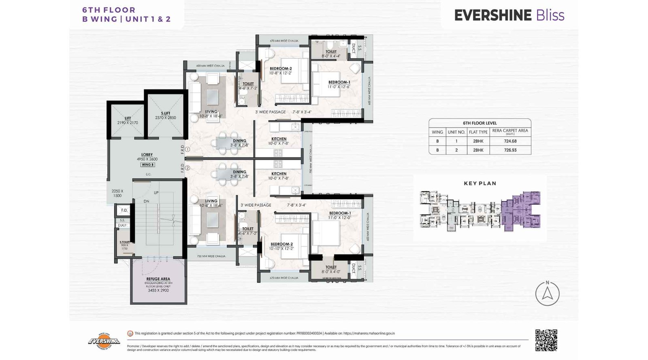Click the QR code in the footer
[546, 340]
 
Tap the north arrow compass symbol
[547, 294]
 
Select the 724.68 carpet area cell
[510, 141]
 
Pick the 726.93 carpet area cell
[510, 150]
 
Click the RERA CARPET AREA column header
[510, 132]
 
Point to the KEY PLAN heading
[480, 183]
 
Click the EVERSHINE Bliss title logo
[509, 15]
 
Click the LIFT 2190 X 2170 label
[128, 120]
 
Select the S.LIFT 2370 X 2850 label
[165, 115]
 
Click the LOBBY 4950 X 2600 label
[147, 157]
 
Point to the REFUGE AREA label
[158, 279]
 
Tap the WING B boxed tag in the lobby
[147, 165]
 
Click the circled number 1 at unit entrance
[188, 149]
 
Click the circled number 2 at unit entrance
[188, 168]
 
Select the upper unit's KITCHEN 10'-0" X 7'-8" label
[279, 141]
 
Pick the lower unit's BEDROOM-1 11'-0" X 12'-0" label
[340, 215]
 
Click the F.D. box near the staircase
[124, 210]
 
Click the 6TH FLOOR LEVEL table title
[480, 123]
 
